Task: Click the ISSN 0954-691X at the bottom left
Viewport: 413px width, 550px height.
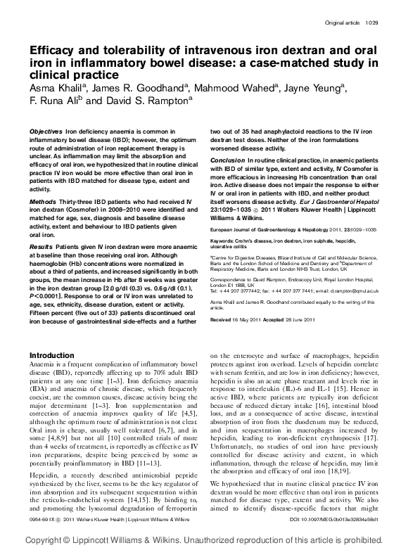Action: [43, 520]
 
